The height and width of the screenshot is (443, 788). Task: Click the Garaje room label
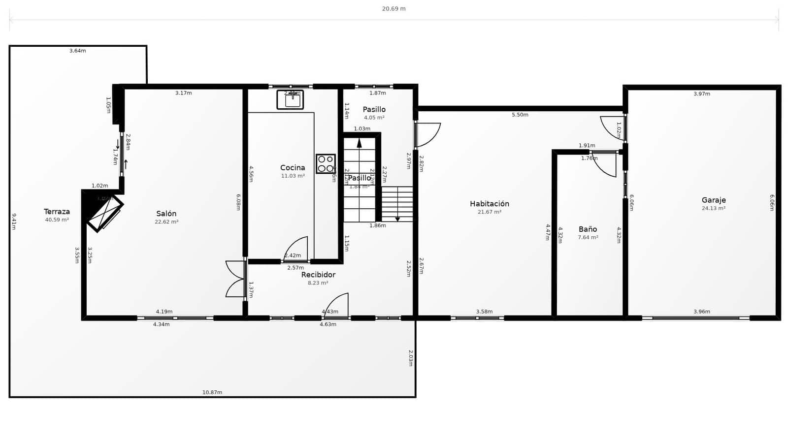click(x=714, y=200)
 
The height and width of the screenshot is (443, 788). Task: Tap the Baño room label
click(x=588, y=229)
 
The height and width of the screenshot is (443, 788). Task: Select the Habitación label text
click(x=489, y=203)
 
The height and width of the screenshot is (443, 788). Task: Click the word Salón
click(x=166, y=213)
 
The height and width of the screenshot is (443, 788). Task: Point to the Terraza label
click(x=57, y=211)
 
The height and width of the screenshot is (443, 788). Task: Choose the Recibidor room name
click(x=318, y=275)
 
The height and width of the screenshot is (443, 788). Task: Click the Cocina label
click(x=293, y=167)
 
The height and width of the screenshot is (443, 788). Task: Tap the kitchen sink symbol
click(x=290, y=100)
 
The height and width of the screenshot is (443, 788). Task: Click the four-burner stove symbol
click(x=326, y=164)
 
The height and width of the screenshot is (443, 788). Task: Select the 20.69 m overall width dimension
click(x=394, y=8)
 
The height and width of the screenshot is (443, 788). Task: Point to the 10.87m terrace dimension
click(x=212, y=392)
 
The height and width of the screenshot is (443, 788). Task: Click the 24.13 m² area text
click(x=713, y=208)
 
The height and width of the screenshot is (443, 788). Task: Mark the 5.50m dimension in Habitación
click(x=520, y=115)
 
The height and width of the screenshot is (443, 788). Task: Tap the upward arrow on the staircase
click(x=359, y=143)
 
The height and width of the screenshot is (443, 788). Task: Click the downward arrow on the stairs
click(x=397, y=218)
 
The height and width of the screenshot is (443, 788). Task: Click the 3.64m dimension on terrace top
click(x=77, y=51)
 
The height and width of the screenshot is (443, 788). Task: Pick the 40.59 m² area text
click(x=57, y=220)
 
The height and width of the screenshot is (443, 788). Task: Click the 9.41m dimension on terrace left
click(x=14, y=221)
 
